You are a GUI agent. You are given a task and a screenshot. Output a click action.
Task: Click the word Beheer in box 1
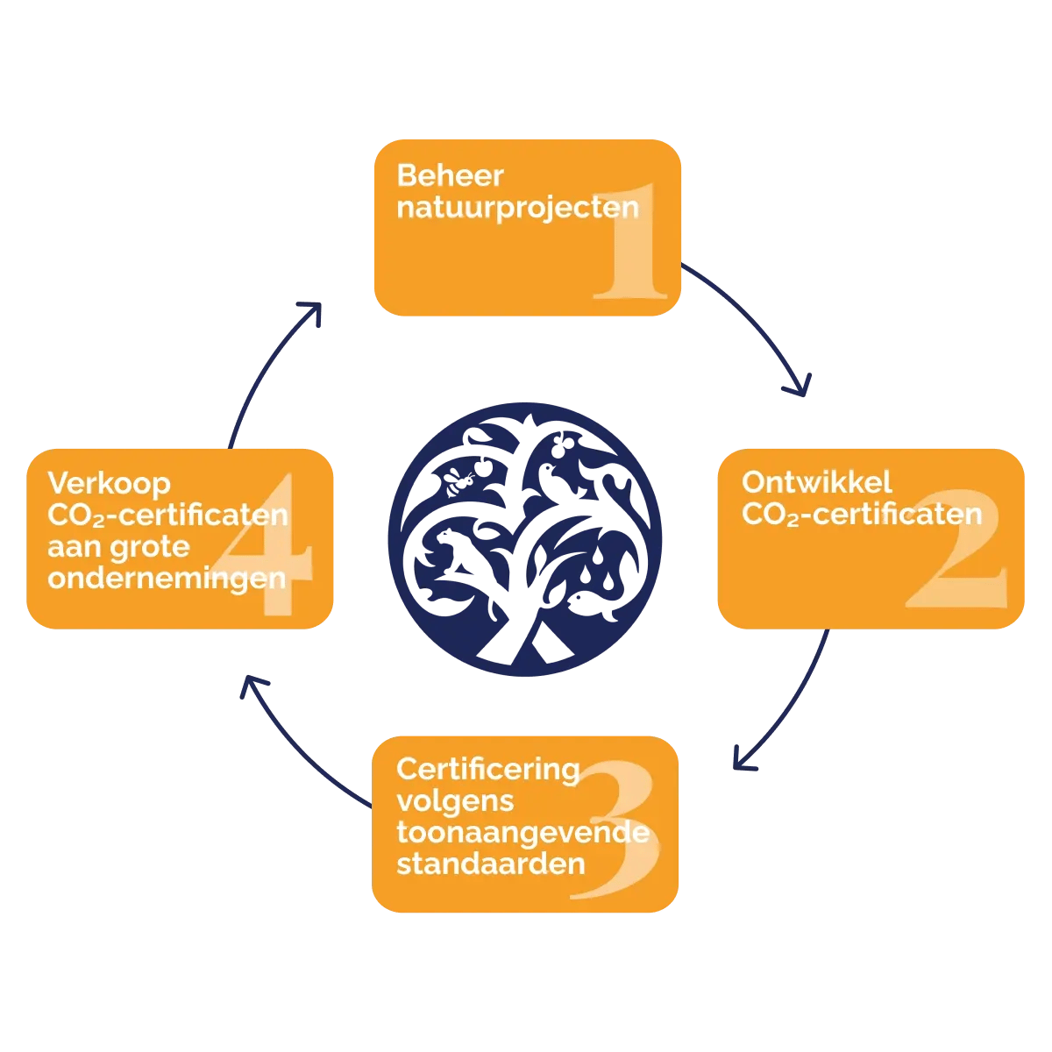(450, 175)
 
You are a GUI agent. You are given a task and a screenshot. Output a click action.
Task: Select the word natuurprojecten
(517, 208)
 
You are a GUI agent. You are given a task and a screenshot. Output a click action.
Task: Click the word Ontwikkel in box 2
(816, 482)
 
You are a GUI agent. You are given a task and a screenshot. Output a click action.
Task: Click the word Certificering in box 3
(487, 769)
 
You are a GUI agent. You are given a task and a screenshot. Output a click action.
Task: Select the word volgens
(454, 801)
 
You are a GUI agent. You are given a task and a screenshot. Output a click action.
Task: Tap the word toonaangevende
(522, 832)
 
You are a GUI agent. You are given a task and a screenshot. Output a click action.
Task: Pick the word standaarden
(490, 864)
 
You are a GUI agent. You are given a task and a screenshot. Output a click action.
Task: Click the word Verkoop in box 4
(109, 483)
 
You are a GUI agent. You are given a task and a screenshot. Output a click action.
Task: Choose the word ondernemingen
(167, 579)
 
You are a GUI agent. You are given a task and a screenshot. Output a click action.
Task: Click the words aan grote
(118, 547)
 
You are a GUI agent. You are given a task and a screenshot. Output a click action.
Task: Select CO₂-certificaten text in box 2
(862, 515)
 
